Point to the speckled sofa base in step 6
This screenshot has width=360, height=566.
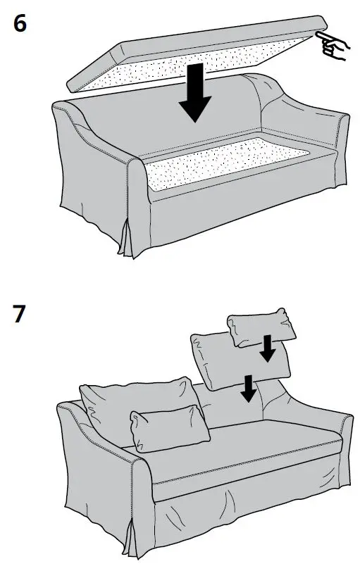pos(225,168)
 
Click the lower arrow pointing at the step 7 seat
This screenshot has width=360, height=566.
pos(247,388)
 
